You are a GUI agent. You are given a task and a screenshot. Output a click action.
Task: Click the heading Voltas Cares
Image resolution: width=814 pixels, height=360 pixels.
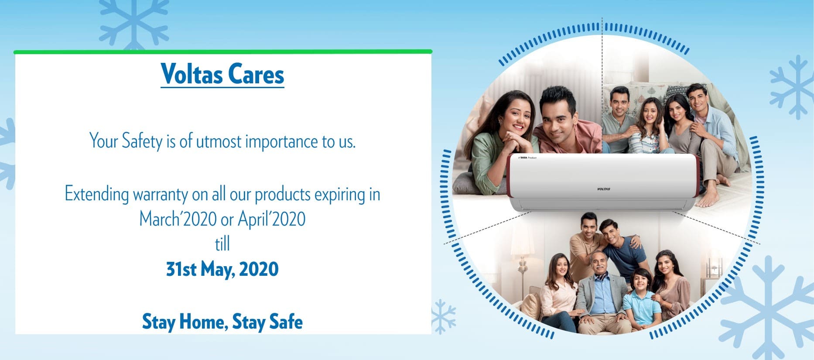point(222,74)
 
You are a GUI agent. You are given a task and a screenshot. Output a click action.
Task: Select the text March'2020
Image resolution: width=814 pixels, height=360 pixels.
point(178,219)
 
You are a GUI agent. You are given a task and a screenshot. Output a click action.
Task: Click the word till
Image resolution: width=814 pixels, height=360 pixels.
point(222,244)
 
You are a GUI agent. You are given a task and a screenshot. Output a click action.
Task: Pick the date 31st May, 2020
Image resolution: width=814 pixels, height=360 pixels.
point(222,269)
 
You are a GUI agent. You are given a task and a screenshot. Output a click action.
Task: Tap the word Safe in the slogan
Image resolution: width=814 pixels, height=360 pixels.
point(286,322)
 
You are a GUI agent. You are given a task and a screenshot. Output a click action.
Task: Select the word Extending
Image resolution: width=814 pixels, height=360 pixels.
point(97,194)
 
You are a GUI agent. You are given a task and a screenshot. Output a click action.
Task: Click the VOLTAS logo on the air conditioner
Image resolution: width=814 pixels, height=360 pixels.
point(603,189)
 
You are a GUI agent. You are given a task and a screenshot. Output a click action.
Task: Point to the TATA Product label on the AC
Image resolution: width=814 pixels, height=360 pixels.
point(527,158)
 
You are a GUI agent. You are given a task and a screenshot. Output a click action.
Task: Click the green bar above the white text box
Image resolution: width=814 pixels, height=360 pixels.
point(223,51)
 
